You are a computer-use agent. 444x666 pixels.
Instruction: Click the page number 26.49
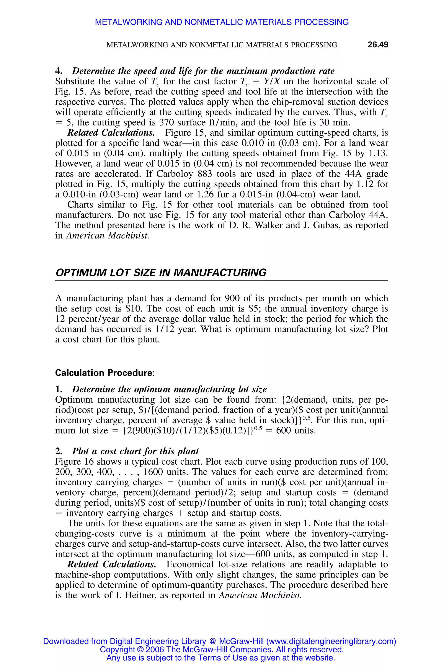click(378, 44)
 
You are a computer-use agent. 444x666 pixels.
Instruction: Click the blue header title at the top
click(222, 22)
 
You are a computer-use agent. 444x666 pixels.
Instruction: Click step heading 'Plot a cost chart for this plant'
click(135, 451)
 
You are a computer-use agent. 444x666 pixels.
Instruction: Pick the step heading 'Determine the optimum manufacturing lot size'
click(169, 389)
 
